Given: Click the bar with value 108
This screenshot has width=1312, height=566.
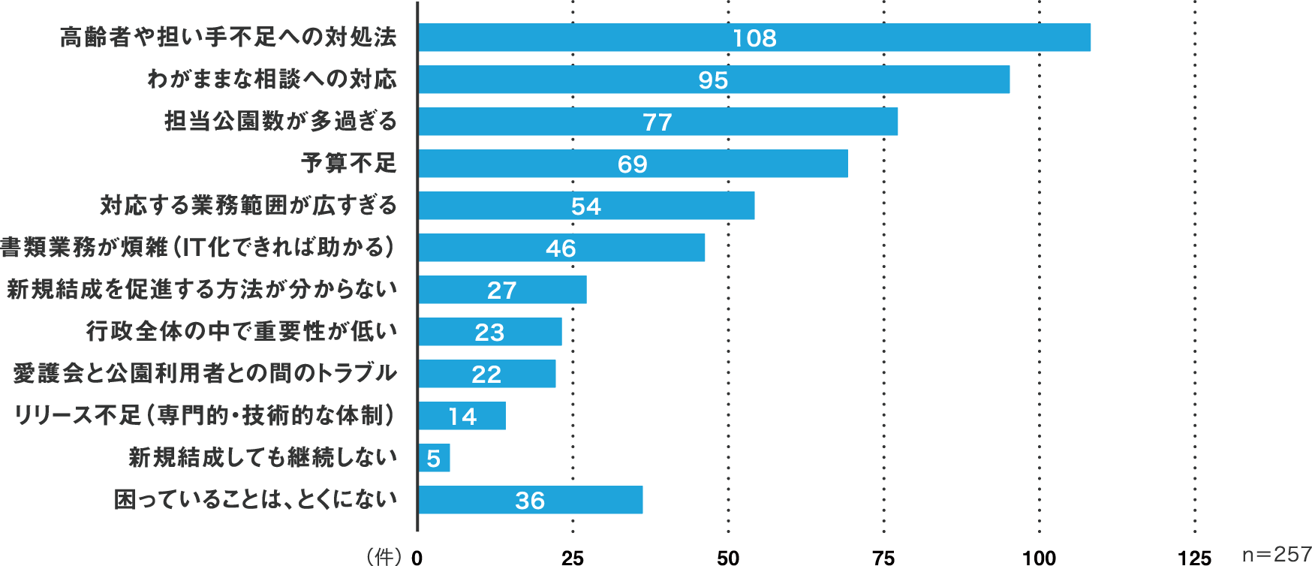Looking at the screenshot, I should [x=754, y=38].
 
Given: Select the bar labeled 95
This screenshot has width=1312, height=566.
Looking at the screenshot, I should [x=713, y=80].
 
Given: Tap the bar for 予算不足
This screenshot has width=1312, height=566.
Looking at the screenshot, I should [x=633, y=164].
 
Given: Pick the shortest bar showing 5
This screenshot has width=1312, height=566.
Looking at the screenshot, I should [x=434, y=458].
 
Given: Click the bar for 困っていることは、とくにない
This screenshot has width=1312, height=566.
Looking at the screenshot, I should [x=530, y=500].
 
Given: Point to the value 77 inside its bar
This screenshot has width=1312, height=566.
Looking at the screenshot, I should [x=658, y=122].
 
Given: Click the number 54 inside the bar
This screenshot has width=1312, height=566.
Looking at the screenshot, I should [x=586, y=206].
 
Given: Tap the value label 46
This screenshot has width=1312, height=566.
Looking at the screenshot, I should [x=561, y=248].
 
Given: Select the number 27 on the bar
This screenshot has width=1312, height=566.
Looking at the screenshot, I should [x=501, y=291].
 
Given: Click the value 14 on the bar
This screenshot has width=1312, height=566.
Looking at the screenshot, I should [x=462, y=417].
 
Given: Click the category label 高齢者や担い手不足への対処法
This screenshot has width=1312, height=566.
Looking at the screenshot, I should [x=228, y=37].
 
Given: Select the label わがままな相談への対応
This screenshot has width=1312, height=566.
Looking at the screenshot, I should [x=272, y=79].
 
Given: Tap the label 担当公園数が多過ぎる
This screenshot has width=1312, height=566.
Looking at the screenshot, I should [x=280, y=121].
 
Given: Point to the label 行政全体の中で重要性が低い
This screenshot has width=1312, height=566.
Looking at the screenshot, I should [x=241, y=331].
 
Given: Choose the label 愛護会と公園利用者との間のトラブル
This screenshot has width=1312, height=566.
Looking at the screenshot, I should [x=205, y=373].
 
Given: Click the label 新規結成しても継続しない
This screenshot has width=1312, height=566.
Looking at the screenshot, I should [x=263, y=457].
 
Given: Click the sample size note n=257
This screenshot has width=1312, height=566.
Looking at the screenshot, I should [x=1276, y=555].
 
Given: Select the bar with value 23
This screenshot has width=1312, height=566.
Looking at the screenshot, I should [x=490, y=332].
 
